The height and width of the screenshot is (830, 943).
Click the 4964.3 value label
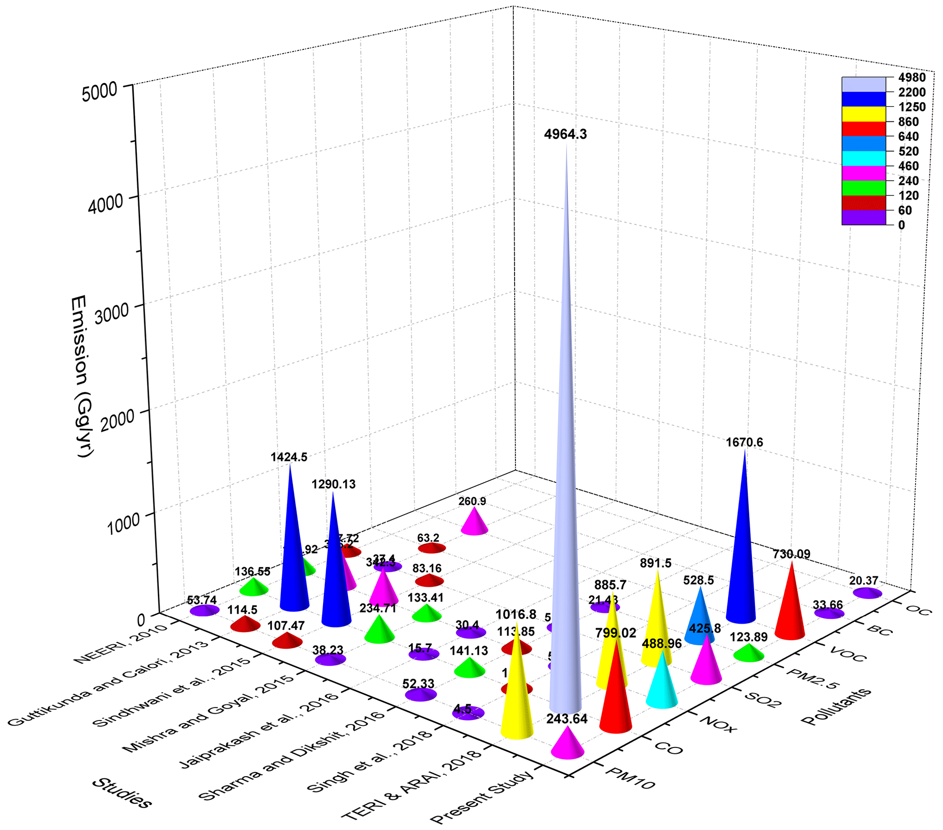tap(565, 135)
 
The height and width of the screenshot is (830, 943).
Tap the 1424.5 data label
tap(289, 457)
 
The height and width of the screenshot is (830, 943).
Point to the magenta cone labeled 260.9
tap(474, 523)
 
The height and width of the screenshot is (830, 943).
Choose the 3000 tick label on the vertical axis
tap(109, 313)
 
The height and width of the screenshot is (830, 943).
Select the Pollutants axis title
tap(836, 706)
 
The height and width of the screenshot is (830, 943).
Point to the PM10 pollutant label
tap(630, 778)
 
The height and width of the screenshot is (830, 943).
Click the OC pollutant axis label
tap(919, 610)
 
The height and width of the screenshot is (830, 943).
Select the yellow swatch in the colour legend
tap(864, 114)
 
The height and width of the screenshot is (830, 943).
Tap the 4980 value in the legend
tap(912, 78)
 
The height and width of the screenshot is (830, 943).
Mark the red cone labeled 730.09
tap(790, 609)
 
